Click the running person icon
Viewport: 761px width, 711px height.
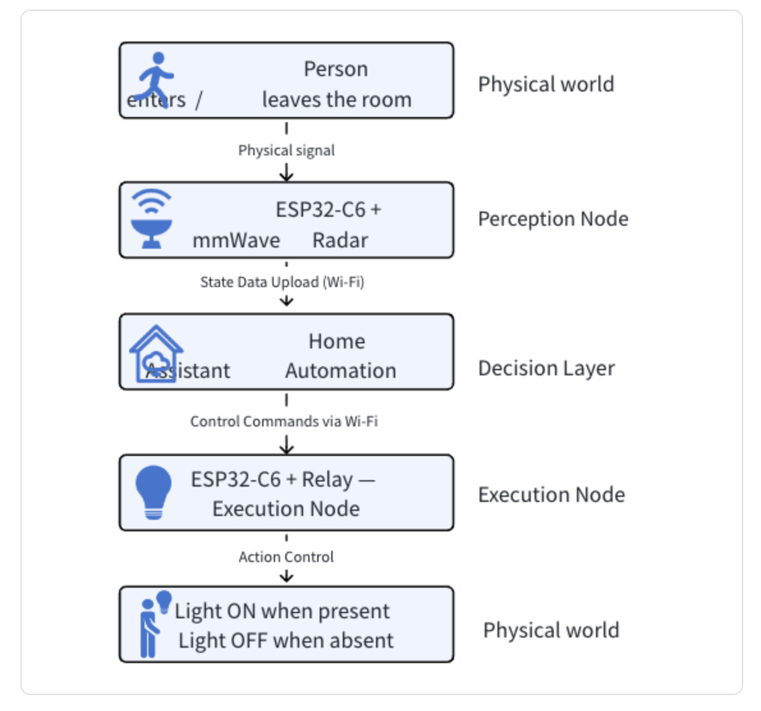[155, 79]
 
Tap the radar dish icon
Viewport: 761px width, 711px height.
[152, 219]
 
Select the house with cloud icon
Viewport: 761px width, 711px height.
[156, 354]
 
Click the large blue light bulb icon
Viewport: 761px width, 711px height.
[153, 492]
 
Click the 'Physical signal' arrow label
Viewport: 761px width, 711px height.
[286, 150]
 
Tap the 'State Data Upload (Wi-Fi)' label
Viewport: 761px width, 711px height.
[282, 282]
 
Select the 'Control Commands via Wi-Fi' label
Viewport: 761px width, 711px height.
[284, 421]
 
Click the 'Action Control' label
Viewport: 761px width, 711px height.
[286, 557]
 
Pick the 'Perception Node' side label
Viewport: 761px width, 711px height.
[553, 219]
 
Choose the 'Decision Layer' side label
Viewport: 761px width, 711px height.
[547, 368]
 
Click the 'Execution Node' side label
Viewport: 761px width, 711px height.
[552, 494]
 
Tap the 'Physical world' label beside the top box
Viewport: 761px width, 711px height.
[546, 84]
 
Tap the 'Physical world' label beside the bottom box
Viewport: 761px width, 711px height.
[551, 630]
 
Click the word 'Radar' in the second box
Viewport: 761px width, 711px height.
[340, 240]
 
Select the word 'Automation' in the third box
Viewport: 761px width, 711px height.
[341, 371]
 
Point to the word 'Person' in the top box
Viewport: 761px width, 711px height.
[336, 69]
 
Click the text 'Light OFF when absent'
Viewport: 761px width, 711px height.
[286, 640]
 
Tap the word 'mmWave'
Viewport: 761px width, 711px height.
[237, 240]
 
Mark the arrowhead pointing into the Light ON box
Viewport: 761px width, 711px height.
[286, 577]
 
